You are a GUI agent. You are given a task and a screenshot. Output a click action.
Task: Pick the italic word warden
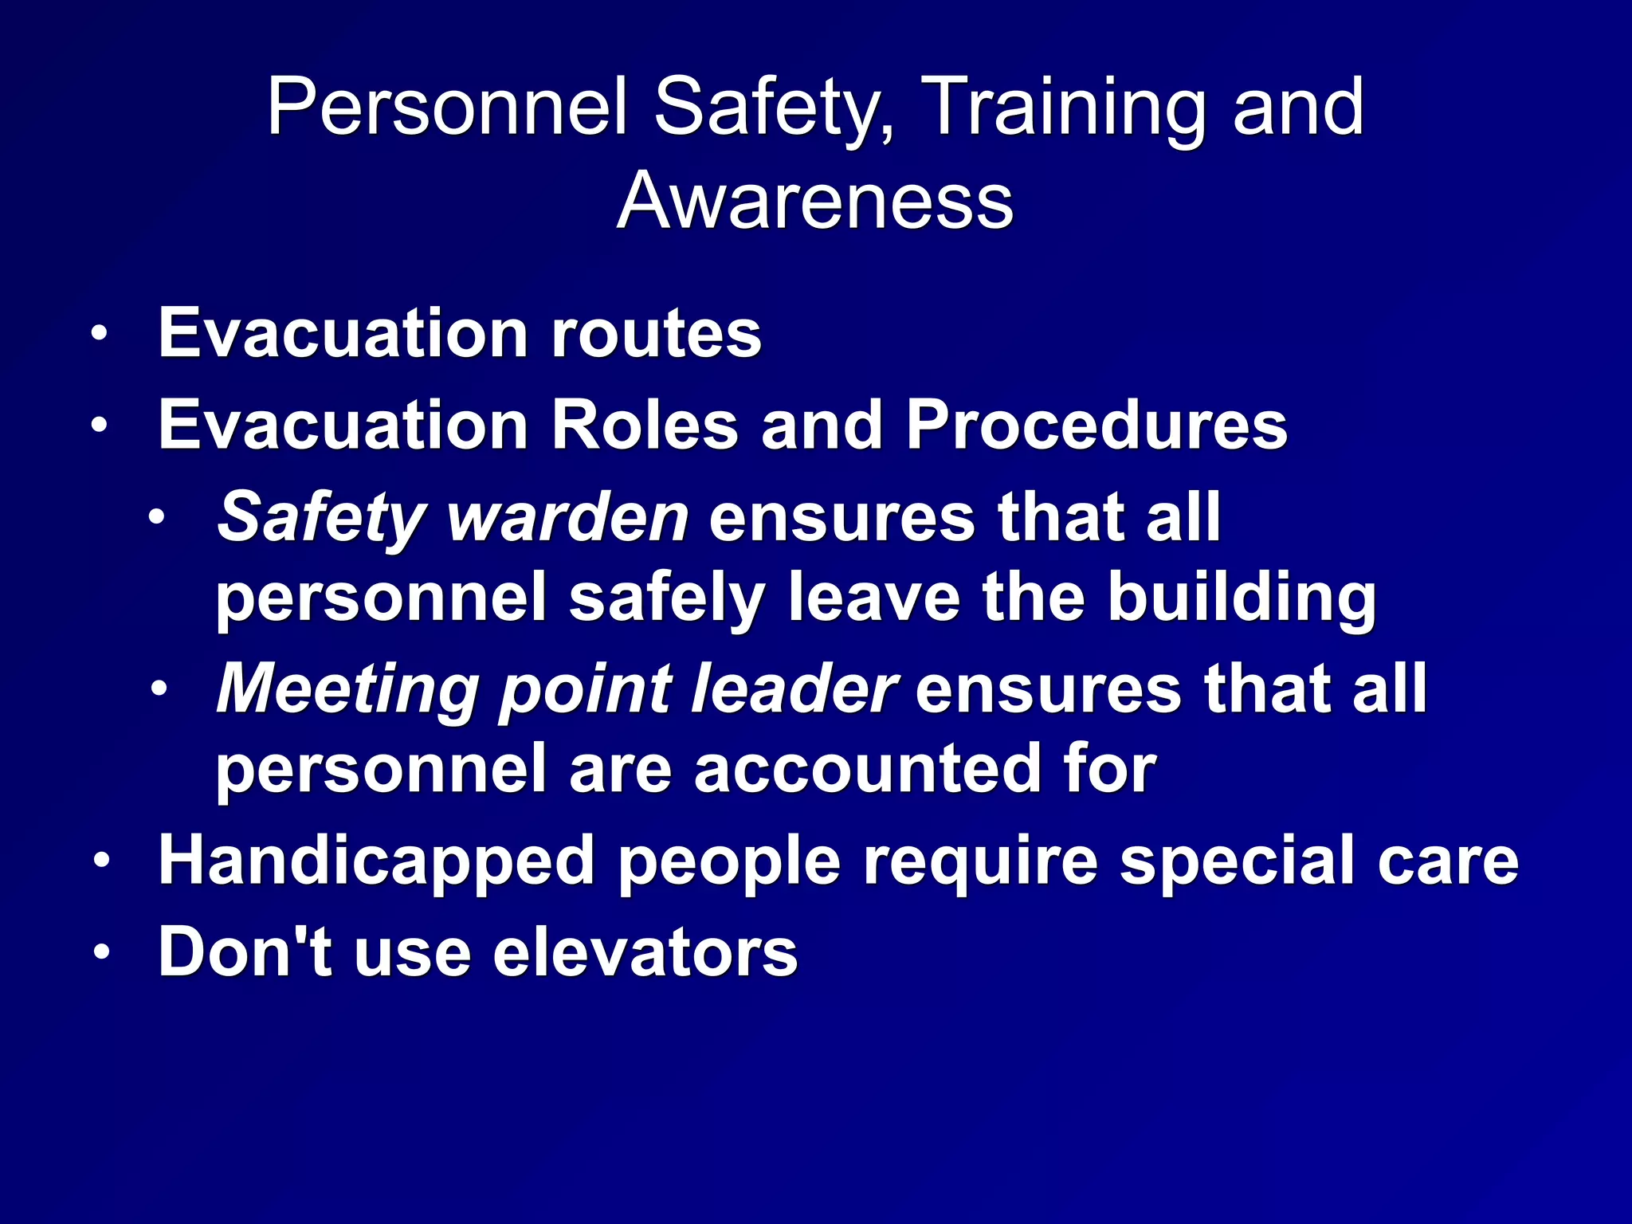point(567,517)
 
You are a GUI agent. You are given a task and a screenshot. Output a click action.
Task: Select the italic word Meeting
point(347,689)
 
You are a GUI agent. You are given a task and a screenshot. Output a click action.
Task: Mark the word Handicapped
point(376,862)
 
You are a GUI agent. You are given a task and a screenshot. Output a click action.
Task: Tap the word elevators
point(645,952)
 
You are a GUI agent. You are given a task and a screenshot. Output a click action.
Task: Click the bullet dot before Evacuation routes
point(99,334)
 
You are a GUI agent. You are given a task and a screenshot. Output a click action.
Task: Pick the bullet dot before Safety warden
point(157,518)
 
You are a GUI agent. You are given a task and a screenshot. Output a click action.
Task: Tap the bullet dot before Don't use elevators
point(100,952)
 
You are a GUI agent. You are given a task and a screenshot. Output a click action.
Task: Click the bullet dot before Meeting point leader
point(158,689)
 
